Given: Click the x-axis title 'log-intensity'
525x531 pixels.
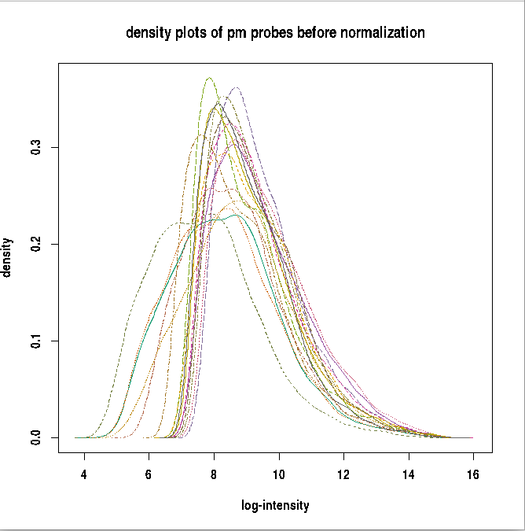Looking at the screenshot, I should pyautogui.click(x=275, y=506).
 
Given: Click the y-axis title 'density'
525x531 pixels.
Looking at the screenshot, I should pyautogui.click(x=7, y=257).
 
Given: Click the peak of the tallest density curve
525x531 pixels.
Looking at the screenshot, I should pyautogui.click(x=209, y=78).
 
